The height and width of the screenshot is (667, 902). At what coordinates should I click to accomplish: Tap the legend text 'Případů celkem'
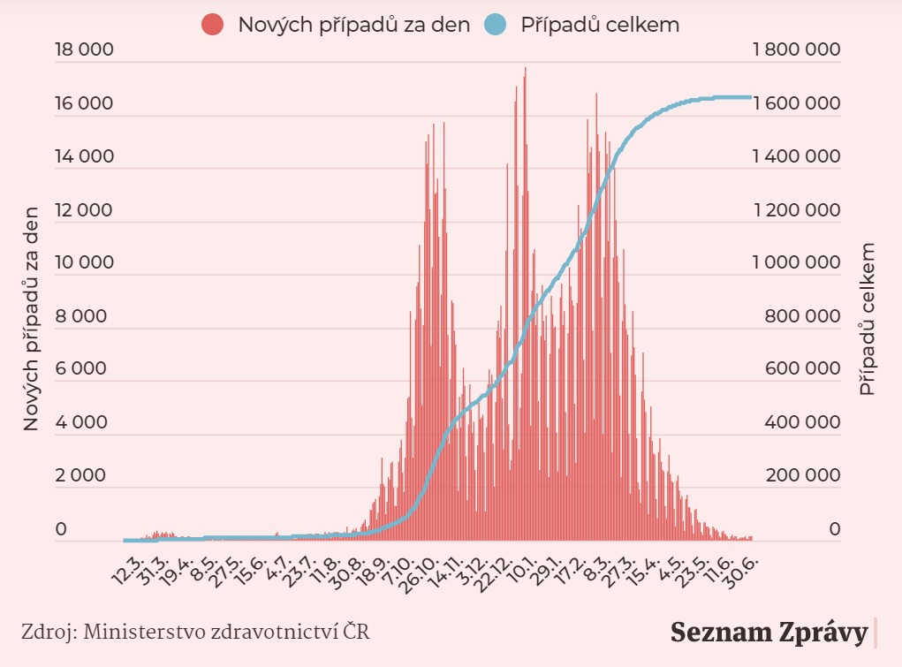click(600, 25)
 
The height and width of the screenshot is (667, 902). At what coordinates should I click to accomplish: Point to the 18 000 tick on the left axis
click(84, 50)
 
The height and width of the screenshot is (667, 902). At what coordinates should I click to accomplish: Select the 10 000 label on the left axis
click(84, 262)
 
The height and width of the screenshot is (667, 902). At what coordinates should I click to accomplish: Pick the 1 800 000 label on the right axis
click(795, 50)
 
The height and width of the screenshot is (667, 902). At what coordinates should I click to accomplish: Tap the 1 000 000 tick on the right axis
click(795, 262)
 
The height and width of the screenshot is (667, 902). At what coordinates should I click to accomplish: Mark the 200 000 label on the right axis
click(803, 475)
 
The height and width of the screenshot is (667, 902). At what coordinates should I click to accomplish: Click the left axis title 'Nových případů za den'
click(32, 318)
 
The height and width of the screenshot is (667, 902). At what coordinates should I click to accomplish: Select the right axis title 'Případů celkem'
click(868, 318)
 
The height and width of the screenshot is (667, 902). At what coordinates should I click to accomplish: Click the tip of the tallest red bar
click(526, 67)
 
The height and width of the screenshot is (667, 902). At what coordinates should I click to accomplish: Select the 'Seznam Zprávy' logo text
click(769, 633)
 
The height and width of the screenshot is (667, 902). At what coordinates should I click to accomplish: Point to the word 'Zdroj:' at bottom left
click(46, 632)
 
